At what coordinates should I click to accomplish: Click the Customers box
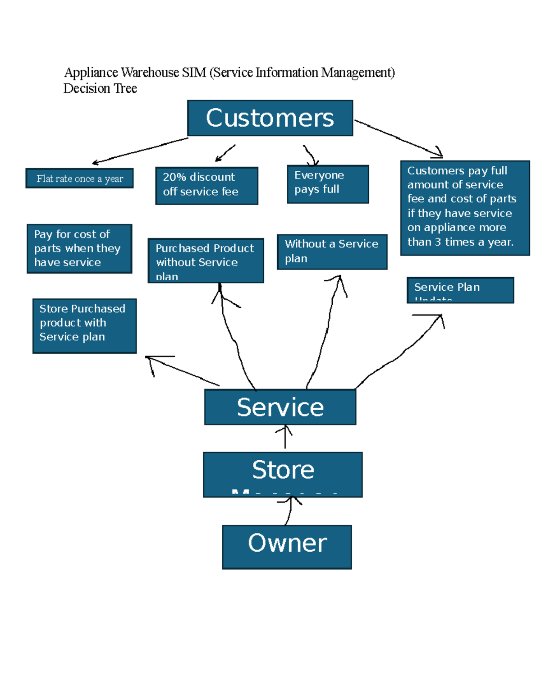[270, 118]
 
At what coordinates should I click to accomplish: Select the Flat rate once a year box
[79, 178]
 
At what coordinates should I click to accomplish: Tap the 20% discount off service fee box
[206, 186]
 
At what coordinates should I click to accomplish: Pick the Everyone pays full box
[328, 184]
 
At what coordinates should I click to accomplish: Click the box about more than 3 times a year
[465, 208]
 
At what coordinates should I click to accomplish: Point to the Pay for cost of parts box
[79, 249]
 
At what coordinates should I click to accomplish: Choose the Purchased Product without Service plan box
[206, 261]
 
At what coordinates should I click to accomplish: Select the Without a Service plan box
[332, 252]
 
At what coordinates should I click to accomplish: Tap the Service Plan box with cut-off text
[460, 290]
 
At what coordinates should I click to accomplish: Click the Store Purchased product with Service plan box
[84, 325]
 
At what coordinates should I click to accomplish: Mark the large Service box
[280, 407]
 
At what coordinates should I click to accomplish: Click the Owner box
[287, 547]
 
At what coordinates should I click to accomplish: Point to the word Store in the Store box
[283, 470]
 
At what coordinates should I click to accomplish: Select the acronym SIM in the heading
[194, 73]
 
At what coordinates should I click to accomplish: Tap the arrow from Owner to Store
[289, 511]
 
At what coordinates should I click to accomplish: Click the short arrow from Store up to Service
[285, 437]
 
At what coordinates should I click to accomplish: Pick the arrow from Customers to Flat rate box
[140, 151]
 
